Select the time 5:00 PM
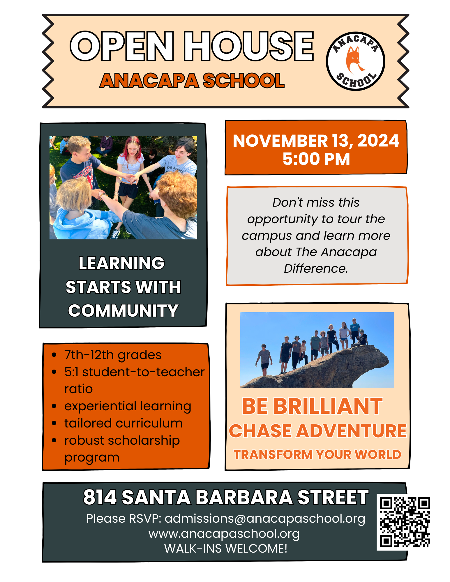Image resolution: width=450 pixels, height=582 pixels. point(316,159)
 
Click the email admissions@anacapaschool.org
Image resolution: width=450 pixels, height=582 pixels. point(265,519)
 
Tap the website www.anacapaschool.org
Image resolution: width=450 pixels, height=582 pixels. point(224,534)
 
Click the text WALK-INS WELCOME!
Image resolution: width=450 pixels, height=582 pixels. point(226,549)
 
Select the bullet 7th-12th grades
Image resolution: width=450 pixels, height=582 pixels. point(113,355)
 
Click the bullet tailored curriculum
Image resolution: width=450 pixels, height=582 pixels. point(123,423)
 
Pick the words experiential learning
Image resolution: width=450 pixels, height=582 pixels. point(128,406)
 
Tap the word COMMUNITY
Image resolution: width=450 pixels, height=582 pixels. point(123,310)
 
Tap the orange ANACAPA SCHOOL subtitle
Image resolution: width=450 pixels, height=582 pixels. point(192,81)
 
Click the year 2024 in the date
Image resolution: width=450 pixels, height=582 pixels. point(378,141)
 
